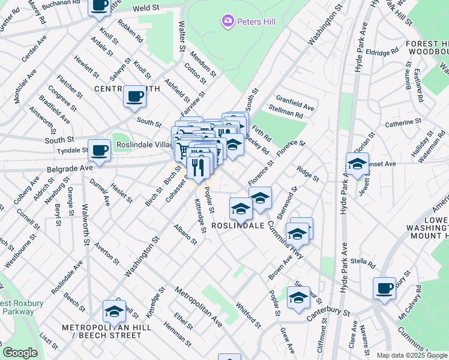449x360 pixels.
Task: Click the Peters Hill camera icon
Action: (228, 22)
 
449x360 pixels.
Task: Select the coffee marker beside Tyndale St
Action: (100, 151)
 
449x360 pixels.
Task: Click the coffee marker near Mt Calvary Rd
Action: (384, 288)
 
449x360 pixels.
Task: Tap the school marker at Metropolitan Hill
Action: (114, 311)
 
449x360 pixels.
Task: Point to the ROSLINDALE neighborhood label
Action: (238, 226)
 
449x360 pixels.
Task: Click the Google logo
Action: (20, 353)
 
